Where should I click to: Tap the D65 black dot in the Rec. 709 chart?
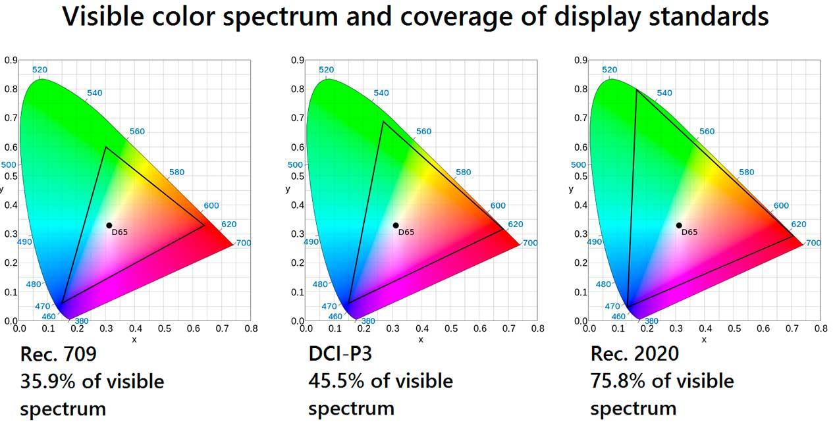coord(109,225)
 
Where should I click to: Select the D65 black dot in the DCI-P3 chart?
coord(396,225)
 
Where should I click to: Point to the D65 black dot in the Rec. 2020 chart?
coord(679,225)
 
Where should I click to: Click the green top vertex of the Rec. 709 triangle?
coord(106,147)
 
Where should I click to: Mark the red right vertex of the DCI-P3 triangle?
coord(504,230)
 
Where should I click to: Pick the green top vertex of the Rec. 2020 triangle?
coord(637,90)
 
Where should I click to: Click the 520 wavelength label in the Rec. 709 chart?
coord(40,70)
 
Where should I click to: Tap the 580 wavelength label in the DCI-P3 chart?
coord(464,172)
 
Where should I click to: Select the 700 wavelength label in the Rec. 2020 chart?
coord(813,243)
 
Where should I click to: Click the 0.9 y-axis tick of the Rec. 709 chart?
coord(11,61)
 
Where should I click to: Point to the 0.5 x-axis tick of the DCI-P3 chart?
coord(450,328)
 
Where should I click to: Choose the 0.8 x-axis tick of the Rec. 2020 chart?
coord(821,328)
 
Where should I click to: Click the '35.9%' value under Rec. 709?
coord(47,382)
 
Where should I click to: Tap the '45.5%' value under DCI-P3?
coord(337,381)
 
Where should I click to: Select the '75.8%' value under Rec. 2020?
coord(618,381)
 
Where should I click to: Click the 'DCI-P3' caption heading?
coord(340,353)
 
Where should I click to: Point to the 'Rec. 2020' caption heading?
coord(634,353)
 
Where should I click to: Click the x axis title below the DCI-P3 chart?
coord(421,340)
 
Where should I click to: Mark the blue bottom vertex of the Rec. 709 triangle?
coord(62,303)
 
